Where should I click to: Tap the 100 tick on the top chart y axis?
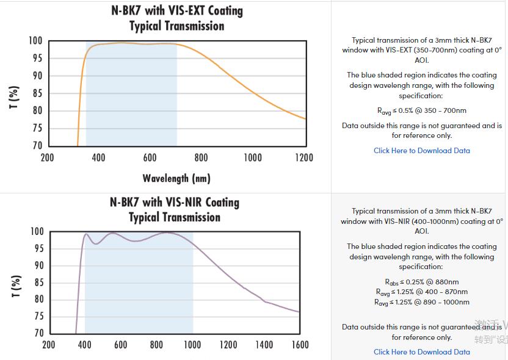(x=35, y=41)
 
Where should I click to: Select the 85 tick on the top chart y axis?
(x=37, y=93)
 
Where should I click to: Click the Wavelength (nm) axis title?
(x=176, y=178)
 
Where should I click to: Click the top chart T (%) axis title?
(x=14, y=98)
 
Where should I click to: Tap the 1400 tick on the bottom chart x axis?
(x=264, y=345)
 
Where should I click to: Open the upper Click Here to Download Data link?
(x=421, y=151)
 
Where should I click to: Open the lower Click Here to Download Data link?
(x=421, y=352)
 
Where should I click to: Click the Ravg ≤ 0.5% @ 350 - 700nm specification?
(x=421, y=111)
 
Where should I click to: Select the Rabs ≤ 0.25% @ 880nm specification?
(x=421, y=282)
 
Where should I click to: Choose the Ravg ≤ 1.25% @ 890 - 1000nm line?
(x=421, y=302)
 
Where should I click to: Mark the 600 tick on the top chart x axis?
(x=150, y=157)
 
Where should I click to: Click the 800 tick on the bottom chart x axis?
(x=156, y=345)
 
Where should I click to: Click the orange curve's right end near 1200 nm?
(x=305, y=118)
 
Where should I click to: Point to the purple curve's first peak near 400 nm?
(x=86, y=234)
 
